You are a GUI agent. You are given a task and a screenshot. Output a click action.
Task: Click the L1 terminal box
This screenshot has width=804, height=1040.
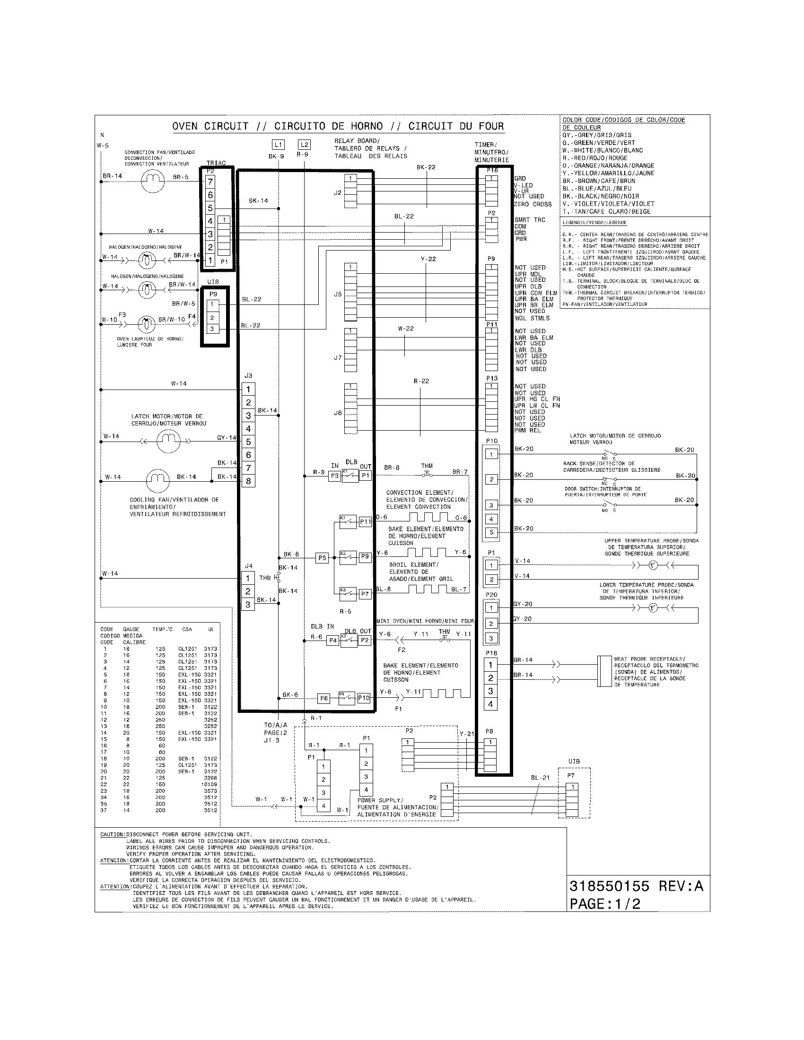[x=279, y=145]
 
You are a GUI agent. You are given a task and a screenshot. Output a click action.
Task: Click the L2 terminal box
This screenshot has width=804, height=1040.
[x=304, y=145]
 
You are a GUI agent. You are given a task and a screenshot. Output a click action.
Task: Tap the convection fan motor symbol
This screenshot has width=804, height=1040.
[x=152, y=181]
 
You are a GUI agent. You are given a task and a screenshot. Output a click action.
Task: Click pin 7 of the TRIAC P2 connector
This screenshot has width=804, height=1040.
[x=210, y=182]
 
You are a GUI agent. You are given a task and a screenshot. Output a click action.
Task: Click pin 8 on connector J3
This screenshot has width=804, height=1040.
[x=248, y=481]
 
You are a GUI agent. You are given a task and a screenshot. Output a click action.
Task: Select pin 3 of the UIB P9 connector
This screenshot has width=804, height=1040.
[x=212, y=329]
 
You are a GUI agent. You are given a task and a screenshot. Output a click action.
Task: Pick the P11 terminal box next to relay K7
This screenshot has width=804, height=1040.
[x=365, y=521]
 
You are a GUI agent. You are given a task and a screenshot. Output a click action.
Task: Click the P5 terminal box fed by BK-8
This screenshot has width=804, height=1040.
[x=323, y=558]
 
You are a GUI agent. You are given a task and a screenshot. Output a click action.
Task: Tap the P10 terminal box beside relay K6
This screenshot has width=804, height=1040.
[x=364, y=698]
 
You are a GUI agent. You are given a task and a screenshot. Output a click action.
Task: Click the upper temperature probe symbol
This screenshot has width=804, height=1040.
[x=653, y=565]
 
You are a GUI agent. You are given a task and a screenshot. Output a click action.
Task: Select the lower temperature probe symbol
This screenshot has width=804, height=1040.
[x=653, y=608]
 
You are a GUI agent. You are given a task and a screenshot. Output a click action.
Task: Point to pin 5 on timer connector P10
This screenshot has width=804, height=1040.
[x=491, y=532]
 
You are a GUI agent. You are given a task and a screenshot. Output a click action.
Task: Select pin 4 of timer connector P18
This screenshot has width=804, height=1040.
[x=491, y=704]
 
